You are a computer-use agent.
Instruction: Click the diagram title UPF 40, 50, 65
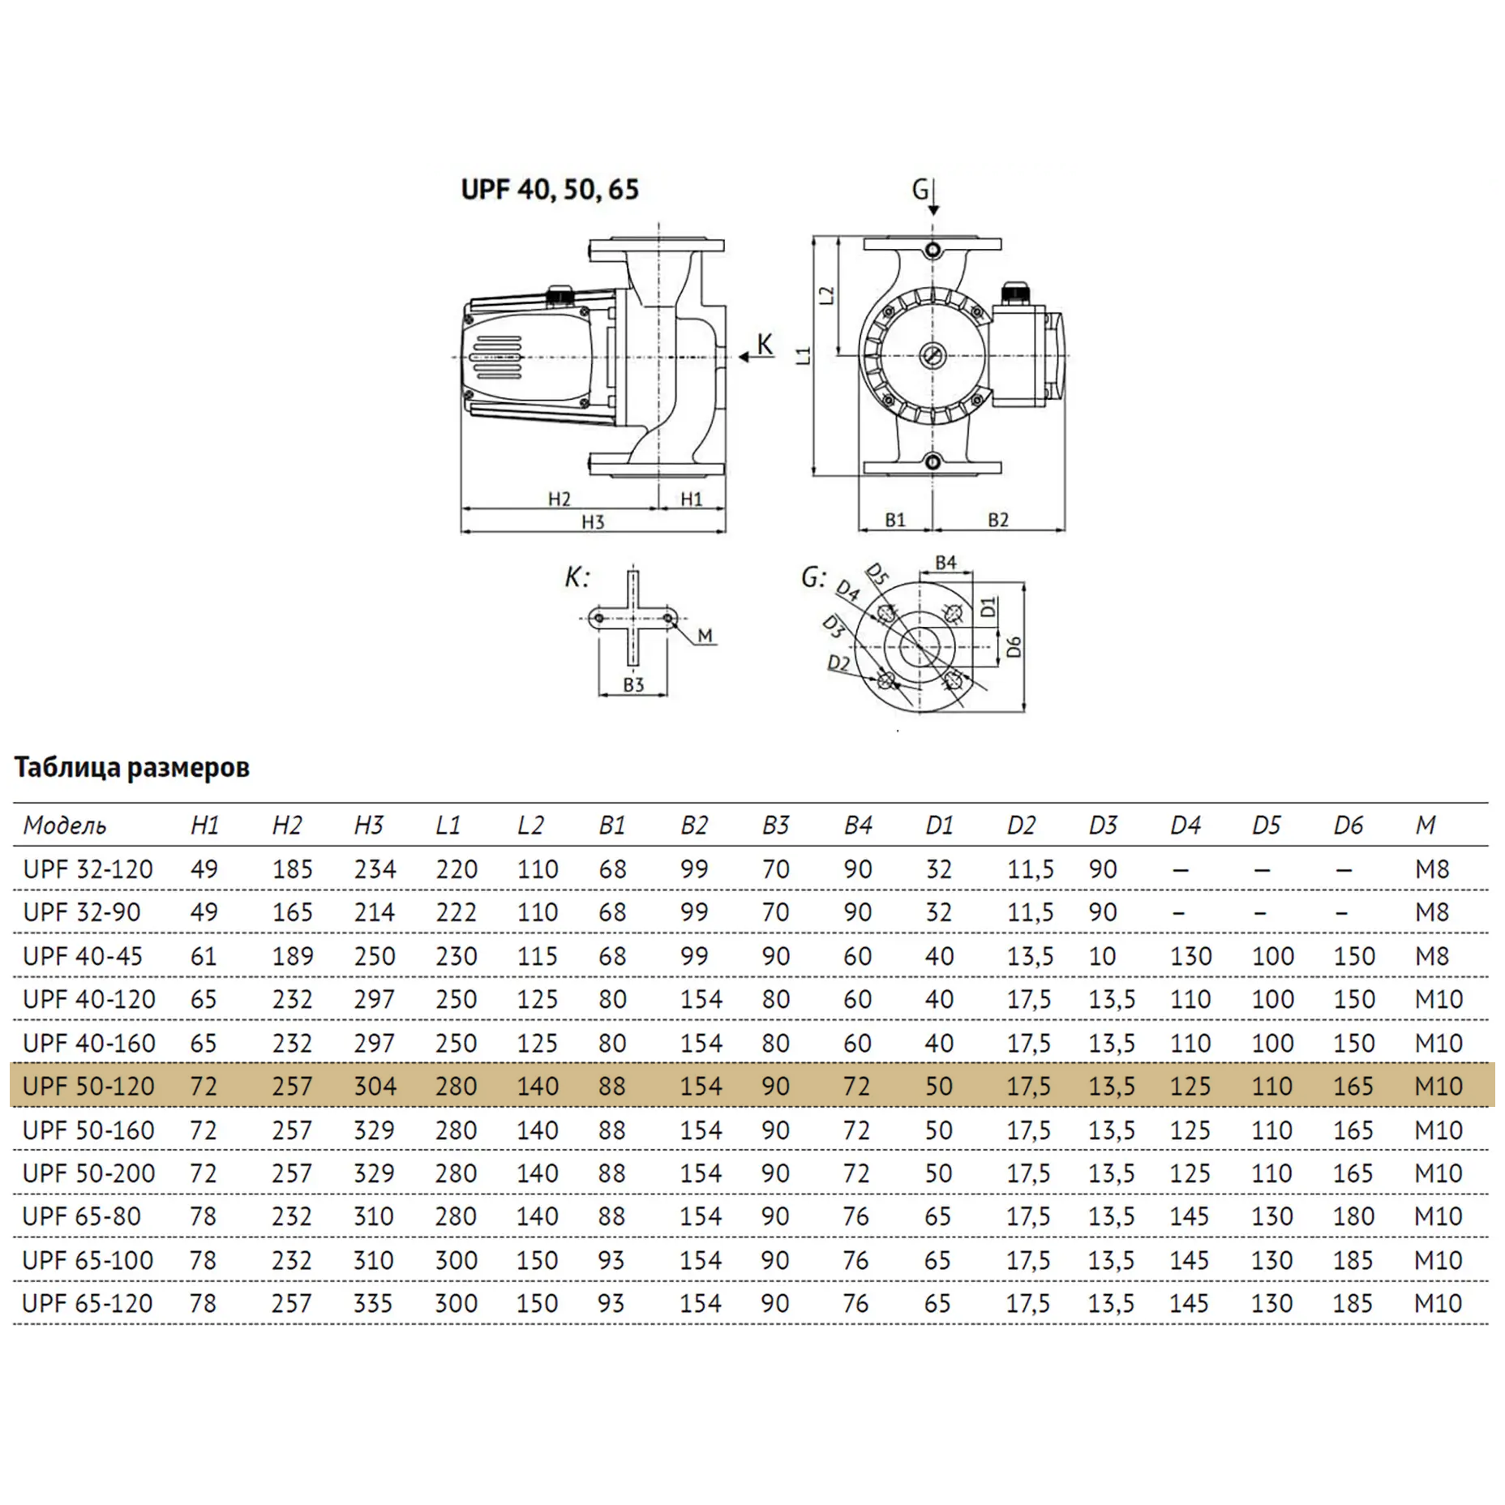pyautogui.click(x=550, y=189)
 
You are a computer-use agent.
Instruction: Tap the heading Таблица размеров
pyautogui.click(x=132, y=767)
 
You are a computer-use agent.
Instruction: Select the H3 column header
pyautogui.click(x=369, y=825)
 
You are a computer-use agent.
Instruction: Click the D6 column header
pyautogui.click(x=1348, y=825)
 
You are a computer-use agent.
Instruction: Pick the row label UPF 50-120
pyautogui.click(x=88, y=1086)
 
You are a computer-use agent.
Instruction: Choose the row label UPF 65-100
pyautogui.click(x=88, y=1260)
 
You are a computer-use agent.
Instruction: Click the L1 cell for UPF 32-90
pyautogui.click(x=457, y=912)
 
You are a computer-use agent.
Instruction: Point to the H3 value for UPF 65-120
pyautogui.click(x=373, y=1303)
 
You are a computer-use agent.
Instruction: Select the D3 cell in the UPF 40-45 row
pyautogui.click(x=1103, y=956)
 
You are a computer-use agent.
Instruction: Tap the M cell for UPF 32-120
pyautogui.click(x=1432, y=869)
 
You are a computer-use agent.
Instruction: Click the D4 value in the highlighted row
pyautogui.click(x=1190, y=1086)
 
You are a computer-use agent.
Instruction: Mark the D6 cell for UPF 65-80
pyautogui.click(x=1353, y=1216)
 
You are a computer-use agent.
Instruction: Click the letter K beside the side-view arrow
pyautogui.click(x=765, y=344)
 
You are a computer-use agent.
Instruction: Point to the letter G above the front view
pyautogui.click(x=920, y=190)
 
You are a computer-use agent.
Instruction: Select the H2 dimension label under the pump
pyautogui.click(x=560, y=499)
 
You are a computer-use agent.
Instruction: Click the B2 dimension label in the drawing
pyautogui.click(x=998, y=520)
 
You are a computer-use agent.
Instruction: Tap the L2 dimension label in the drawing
pyautogui.click(x=826, y=294)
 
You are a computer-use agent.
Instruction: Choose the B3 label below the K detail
pyautogui.click(x=633, y=684)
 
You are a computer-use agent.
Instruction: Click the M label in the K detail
pyautogui.click(x=705, y=636)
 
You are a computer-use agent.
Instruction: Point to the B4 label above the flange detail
pyautogui.click(x=945, y=562)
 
